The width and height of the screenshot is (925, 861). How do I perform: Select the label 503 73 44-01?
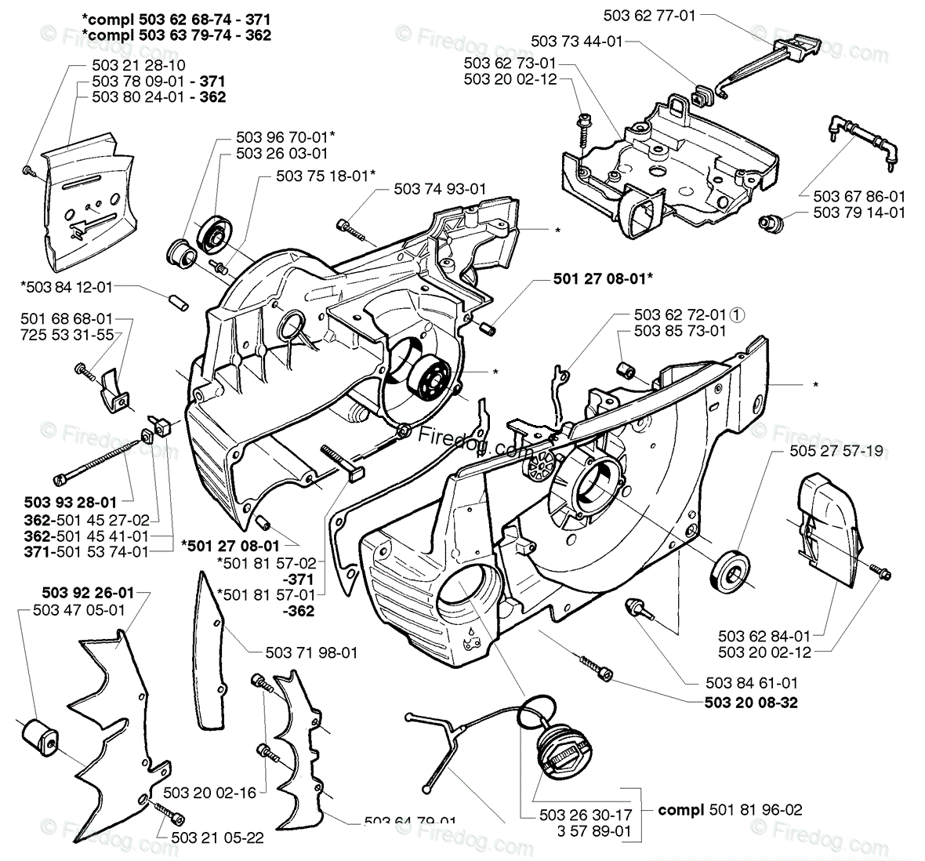576,41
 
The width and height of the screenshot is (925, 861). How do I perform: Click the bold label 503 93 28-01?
71,502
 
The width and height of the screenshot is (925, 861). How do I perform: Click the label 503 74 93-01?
440,189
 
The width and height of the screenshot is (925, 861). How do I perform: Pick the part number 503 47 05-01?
80,609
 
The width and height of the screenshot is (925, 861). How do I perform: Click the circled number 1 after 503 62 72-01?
737,314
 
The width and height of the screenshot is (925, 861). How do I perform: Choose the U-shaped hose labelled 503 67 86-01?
860,140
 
